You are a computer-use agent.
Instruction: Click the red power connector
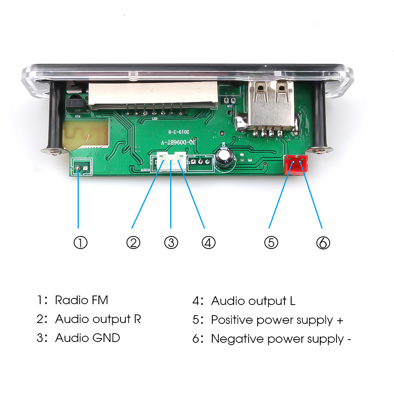295,165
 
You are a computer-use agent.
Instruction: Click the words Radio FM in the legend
82,300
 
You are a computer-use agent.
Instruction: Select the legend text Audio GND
87,338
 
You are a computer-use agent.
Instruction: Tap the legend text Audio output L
253,301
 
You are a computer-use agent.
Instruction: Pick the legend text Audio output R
98,319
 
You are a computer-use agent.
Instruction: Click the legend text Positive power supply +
277,320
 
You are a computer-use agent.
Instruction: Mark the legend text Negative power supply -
281,339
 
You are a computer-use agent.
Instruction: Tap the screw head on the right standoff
321,150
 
